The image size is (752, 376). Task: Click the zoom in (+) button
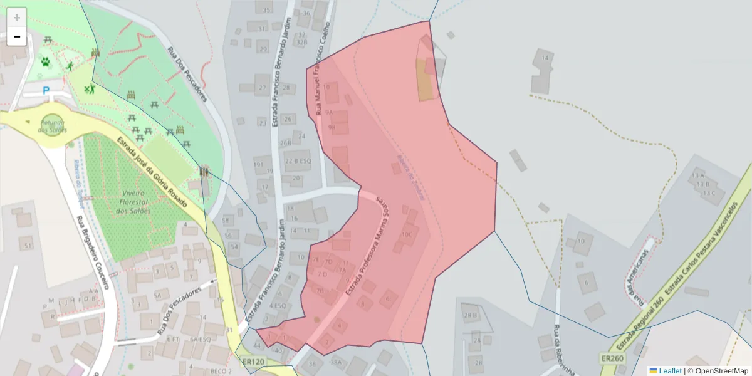(17, 17)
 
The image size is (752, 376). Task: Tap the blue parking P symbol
(46, 90)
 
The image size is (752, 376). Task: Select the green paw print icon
(46, 61)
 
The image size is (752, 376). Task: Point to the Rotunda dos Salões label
(52, 126)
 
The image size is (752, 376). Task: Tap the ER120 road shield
(253, 362)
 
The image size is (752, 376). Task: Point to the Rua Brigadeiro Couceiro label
(92, 252)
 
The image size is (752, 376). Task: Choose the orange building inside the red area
(425, 80)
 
